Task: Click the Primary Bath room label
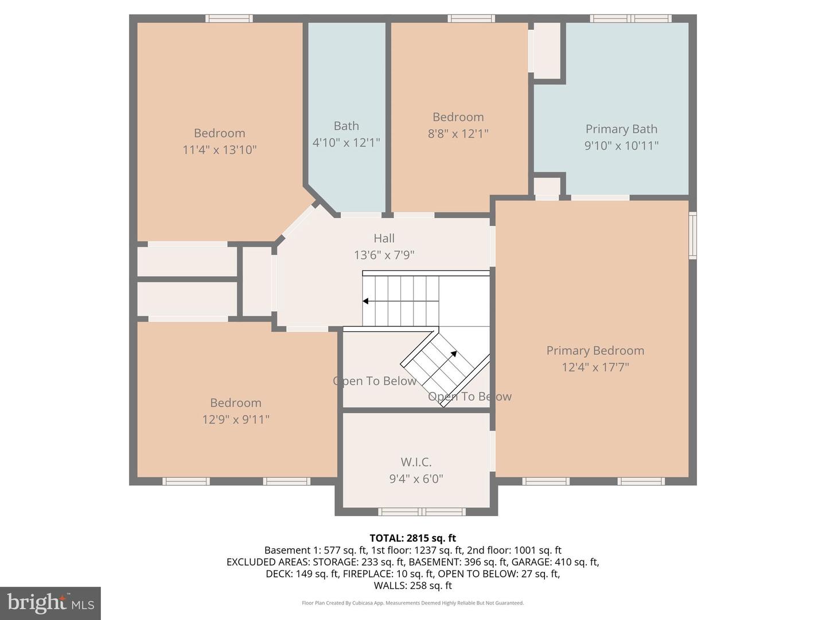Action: (x=621, y=129)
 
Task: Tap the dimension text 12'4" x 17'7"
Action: (x=595, y=367)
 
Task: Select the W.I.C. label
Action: (x=416, y=462)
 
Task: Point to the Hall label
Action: (x=384, y=238)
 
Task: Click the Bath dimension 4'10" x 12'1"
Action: (x=346, y=142)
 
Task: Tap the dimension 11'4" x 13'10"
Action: (x=219, y=150)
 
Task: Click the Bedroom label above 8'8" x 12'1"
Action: (x=458, y=117)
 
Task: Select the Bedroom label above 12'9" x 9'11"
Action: (x=235, y=403)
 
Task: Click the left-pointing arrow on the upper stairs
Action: (x=366, y=301)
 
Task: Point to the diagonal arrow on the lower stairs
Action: (x=453, y=354)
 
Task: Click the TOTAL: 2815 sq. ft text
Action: (x=412, y=538)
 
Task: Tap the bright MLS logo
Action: (x=50, y=603)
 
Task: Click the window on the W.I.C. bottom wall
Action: (x=422, y=511)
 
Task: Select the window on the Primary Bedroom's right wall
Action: (x=693, y=235)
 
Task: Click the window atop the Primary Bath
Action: (x=631, y=18)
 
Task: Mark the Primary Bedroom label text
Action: (x=595, y=351)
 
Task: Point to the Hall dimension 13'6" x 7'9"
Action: (x=384, y=255)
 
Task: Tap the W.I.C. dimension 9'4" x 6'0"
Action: (x=416, y=479)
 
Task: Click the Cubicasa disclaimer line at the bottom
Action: (x=412, y=603)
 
